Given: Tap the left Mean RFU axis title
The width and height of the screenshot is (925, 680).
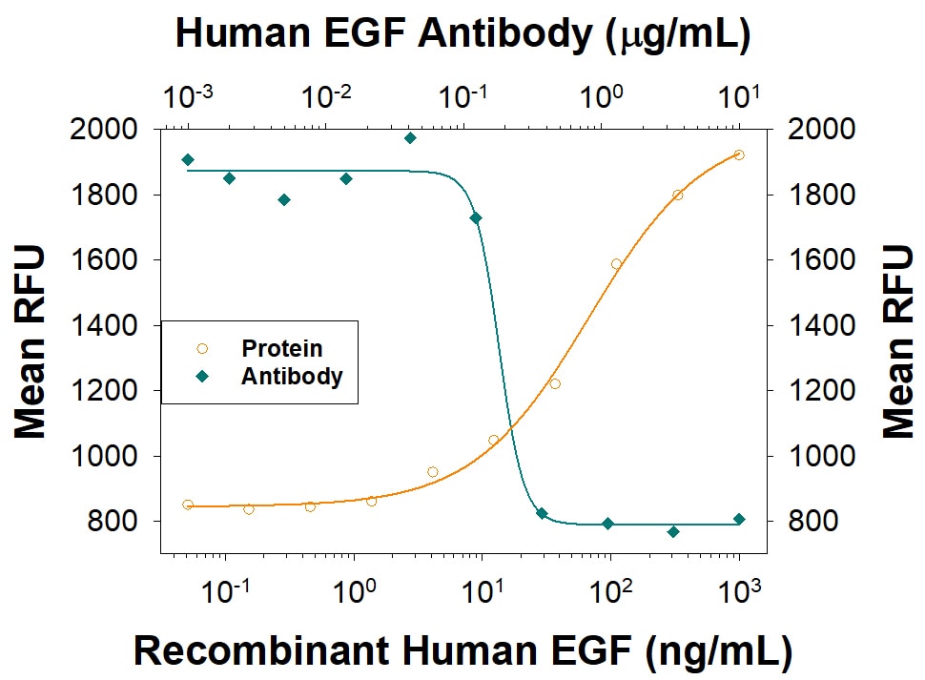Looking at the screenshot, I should (31, 340).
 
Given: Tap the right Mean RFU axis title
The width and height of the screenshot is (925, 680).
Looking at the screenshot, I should (897, 340).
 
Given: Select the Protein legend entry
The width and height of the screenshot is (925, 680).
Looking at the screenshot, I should (281, 349).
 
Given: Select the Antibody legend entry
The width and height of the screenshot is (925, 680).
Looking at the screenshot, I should (291, 376).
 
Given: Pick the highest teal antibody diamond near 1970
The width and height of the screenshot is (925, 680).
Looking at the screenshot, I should (410, 138).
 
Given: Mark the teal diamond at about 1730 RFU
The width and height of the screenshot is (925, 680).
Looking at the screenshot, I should (476, 218).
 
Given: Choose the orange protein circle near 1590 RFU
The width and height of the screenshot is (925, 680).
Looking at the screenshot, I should (616, 264).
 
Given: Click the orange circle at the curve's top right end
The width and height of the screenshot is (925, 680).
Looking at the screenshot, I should (739, 155).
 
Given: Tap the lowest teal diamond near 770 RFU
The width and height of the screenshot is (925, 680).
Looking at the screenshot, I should (673, 531).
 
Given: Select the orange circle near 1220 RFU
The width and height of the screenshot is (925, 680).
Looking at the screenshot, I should (555, 383).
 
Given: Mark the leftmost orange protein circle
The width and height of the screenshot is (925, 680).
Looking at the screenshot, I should (188, 505).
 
